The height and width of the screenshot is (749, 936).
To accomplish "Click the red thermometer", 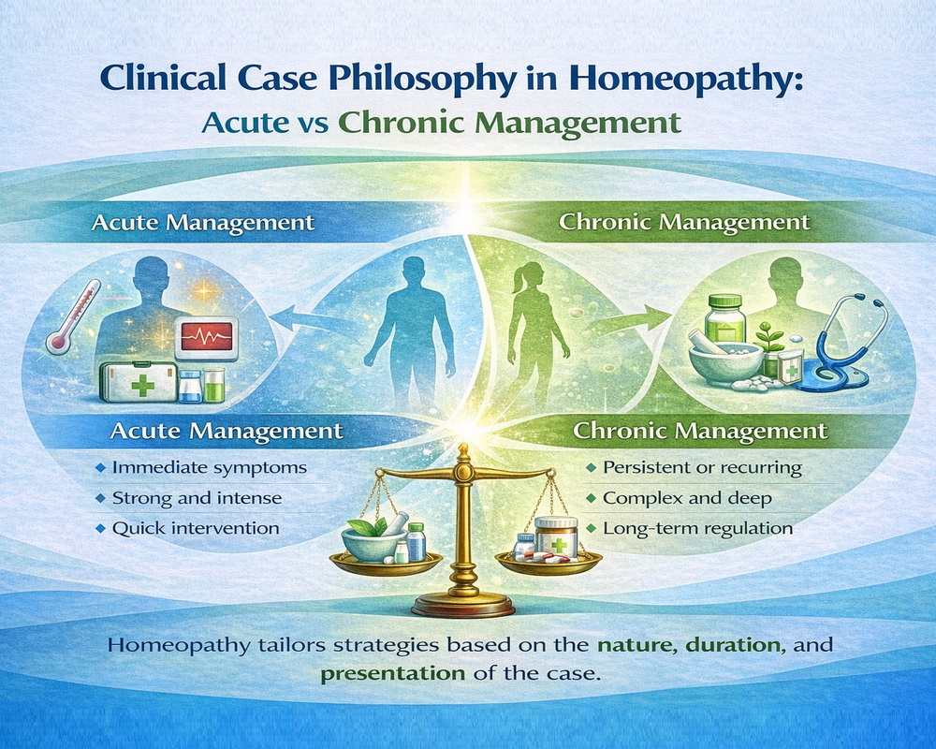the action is tap(73, 317).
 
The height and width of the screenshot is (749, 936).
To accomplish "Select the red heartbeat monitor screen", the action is tap(207, 336).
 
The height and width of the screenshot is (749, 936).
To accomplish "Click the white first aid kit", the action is tap(139, 380).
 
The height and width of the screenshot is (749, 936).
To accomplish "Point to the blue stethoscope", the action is tap(839, 344).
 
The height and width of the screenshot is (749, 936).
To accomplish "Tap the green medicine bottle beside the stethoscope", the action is tap(725, 319).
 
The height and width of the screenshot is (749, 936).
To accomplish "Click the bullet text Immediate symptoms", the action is tap(210, 468).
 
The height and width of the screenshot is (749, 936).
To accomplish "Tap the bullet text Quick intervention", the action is tap(196, 529).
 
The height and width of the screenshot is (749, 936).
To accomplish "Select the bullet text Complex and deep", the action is tap(688, 498).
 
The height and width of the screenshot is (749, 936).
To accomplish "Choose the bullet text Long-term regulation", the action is tap(698, 529).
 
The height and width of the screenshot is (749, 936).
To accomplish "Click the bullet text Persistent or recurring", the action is tap(703, 468).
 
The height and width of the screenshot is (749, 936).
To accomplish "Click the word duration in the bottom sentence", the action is tap(733, 645).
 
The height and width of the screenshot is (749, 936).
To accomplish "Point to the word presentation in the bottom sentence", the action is tap(393, 674).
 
